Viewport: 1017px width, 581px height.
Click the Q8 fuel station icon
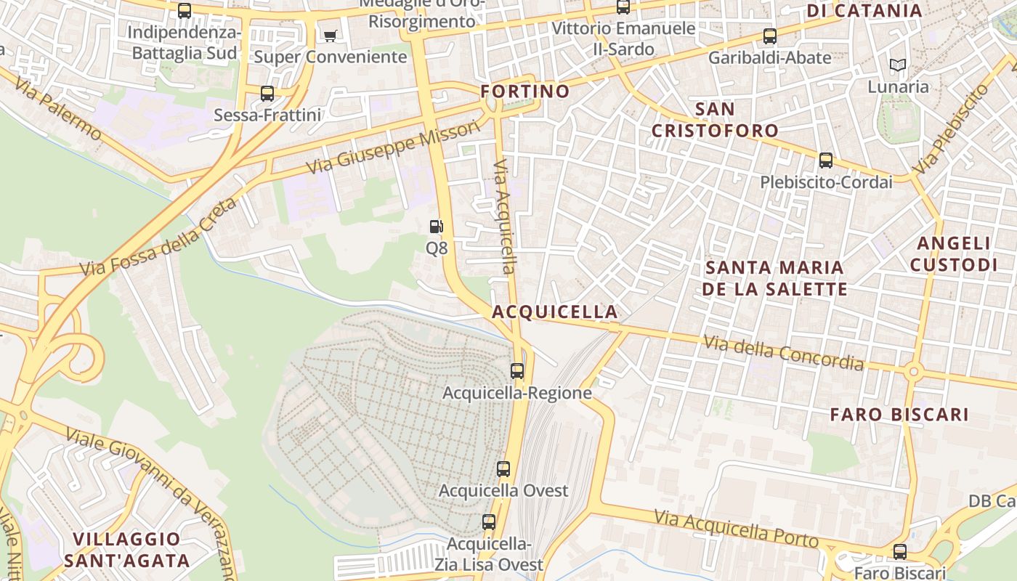coord(436,227)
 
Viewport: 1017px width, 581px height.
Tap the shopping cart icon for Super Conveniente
coord(330,36)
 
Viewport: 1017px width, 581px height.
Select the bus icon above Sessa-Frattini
coord(267,94)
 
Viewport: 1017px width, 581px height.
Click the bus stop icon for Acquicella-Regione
coord(517,371)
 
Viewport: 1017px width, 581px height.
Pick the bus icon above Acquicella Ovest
coord(503,469)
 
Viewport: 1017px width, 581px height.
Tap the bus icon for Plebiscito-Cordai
coord(826,161)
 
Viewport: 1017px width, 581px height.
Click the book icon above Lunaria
coord(898,65)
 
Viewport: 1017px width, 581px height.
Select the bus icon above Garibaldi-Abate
coord(770,36)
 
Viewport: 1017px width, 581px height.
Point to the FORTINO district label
coord(524,92)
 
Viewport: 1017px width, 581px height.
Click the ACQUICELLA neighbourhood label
coord(555,312)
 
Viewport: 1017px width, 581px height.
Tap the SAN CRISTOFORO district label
coord(715,120)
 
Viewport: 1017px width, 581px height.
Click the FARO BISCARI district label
coord(899,415)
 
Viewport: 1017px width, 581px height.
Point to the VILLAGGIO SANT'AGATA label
coord(126,550)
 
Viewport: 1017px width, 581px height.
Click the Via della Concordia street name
coord(783,352)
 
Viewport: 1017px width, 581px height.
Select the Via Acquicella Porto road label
coord(736,529)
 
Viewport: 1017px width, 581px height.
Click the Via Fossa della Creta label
coord(158,237)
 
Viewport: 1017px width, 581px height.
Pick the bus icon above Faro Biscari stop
coord(900,552)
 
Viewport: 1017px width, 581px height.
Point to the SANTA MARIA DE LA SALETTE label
coord(776,278)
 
